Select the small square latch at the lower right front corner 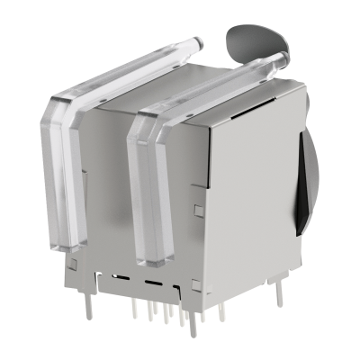click(x=194, y=285)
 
